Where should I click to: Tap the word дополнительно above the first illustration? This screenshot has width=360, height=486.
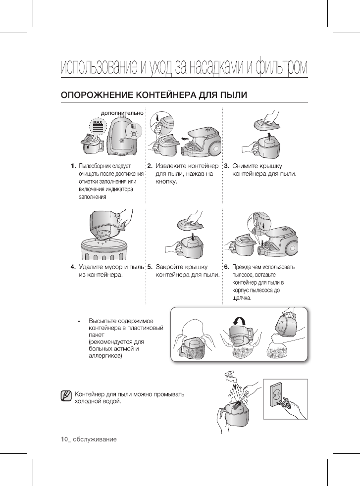point(122,113)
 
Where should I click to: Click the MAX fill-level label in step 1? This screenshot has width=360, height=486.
point(98,122)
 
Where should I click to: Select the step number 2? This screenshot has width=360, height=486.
point(150,166)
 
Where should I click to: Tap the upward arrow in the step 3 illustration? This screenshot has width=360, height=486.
point(269,135)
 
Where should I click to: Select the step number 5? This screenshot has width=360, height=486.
point(150,267)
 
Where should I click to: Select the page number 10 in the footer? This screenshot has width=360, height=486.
point(63,439)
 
